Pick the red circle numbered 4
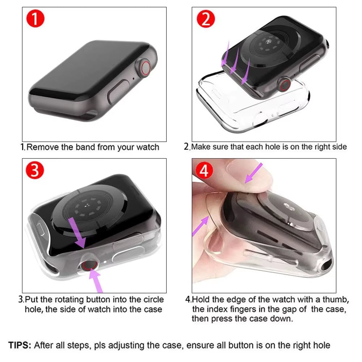tap(205, 171)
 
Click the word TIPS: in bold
tap(20, 345)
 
